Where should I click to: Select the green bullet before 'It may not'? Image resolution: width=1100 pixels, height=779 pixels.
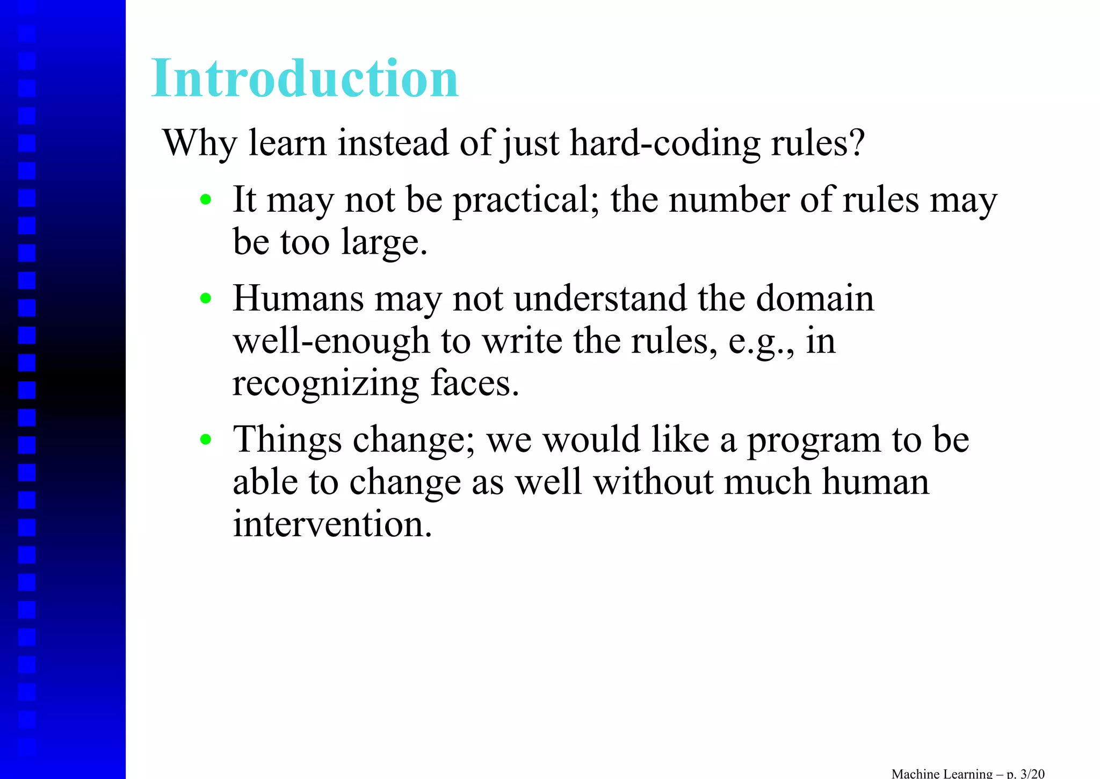205,200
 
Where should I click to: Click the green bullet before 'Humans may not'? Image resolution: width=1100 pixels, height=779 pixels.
205,299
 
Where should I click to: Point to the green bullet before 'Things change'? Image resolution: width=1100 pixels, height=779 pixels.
205,440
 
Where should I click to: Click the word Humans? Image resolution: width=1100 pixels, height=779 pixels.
298,299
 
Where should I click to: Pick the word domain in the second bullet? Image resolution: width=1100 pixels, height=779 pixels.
815,299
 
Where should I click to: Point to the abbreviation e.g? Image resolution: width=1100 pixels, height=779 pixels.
759,342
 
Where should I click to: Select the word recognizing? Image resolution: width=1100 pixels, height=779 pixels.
325,384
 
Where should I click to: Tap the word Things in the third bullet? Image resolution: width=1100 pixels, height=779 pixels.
287,440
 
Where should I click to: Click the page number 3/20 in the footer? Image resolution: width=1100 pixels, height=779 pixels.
1032,774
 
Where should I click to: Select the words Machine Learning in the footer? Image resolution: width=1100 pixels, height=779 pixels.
942,774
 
